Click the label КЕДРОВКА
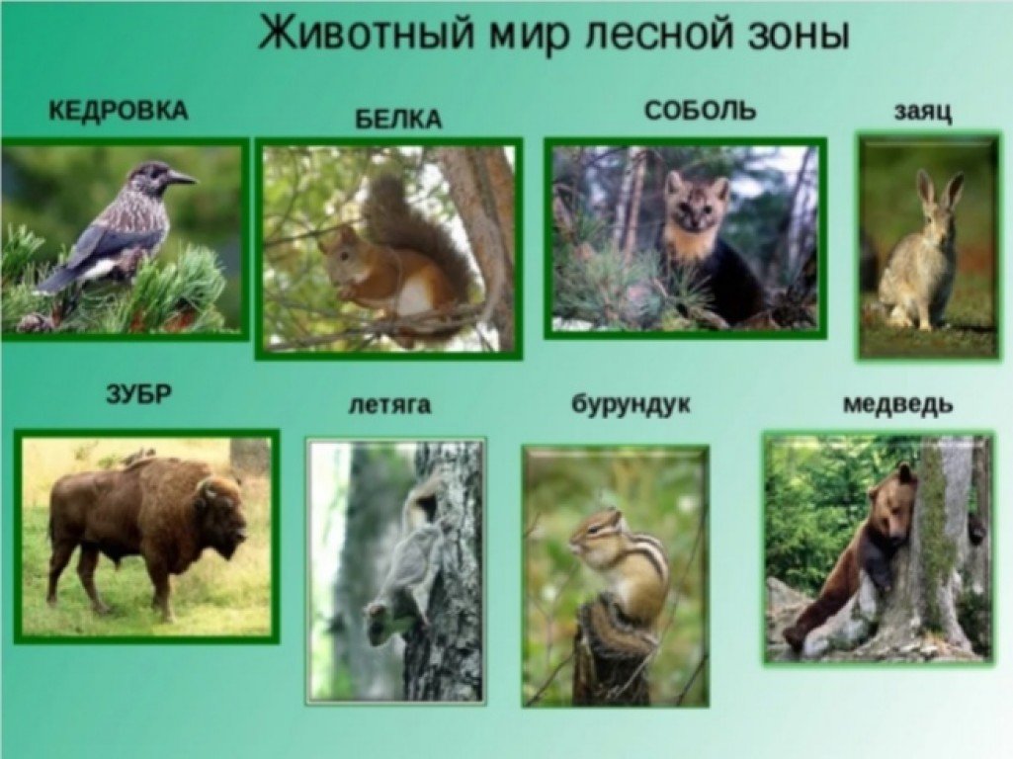tap(119, 111)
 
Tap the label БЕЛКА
tap(398, 120)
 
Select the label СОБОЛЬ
tap(700, 111)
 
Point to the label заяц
tap(922, 113)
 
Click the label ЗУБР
tap(139, 393)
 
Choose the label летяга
tap(389, 405)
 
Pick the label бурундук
tap(631, 404)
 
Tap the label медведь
tap(898, 404)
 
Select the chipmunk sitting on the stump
tap(622, 563)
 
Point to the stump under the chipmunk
tap(611, 652)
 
